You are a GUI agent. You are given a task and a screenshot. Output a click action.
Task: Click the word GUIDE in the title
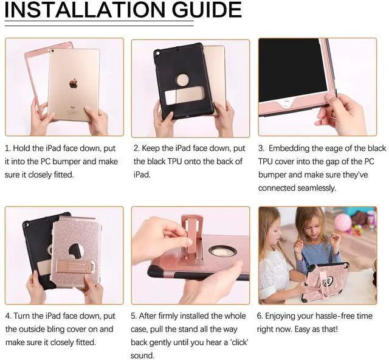point(202,10)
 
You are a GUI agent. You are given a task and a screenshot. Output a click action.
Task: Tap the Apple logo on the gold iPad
point(74,83)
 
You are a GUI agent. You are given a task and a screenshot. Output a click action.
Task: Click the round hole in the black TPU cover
point(183,80)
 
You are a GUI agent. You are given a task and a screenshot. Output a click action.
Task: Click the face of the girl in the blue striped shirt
point(310,226)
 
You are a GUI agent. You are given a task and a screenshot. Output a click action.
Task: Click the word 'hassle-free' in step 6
point(332,316)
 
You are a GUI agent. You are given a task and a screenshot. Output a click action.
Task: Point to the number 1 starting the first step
point(7,148)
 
